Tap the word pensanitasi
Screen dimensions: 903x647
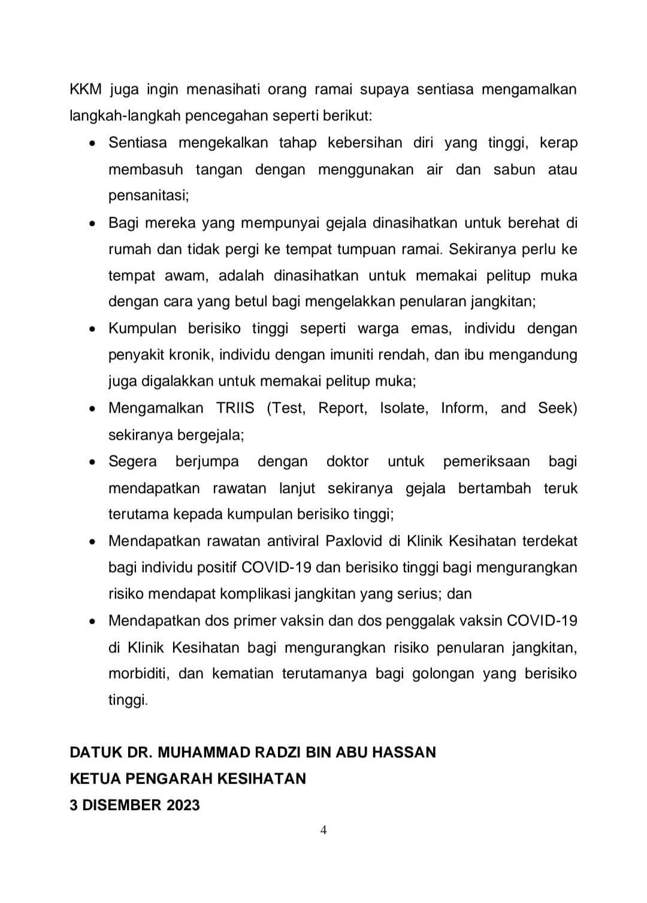click(149, 196)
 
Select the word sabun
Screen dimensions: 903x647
click(514, 170)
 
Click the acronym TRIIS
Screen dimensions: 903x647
click(235, 408)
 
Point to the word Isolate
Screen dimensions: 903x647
click(404, 408)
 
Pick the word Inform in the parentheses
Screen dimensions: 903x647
click(464, 408)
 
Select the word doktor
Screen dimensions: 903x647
click(347, 461)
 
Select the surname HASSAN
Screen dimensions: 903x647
click(404, 752)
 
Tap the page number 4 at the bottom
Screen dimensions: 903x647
click(323, 830)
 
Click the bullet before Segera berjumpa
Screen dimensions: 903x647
click(92, 462)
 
